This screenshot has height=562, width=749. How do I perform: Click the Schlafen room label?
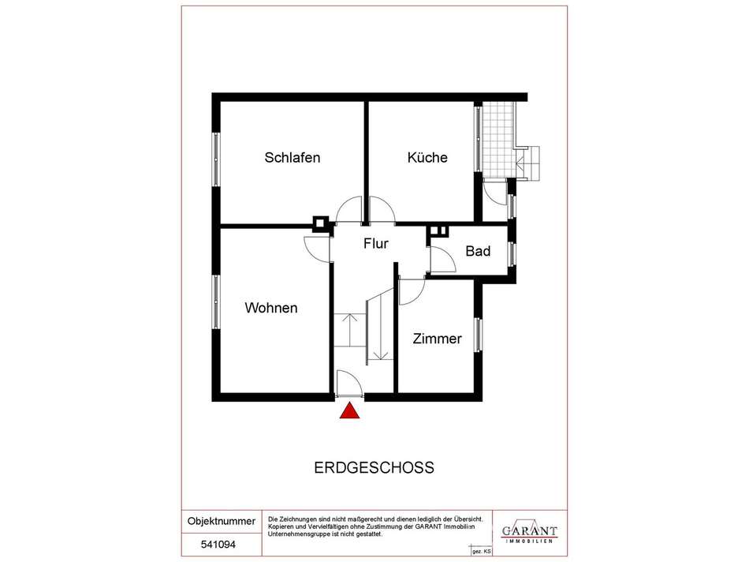(x=293, y=157)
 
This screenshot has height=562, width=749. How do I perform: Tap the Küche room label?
(x=427, y=157)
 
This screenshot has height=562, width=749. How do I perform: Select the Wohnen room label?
(x=271, y=308)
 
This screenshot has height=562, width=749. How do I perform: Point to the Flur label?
(x=376, y=243)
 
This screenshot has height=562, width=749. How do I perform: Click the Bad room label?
(x=478, y=251)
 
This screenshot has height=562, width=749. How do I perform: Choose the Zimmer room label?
(x=437, y=339)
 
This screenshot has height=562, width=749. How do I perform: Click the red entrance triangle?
(x=349, y=410)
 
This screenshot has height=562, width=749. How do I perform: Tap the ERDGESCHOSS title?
(x=374, y=467)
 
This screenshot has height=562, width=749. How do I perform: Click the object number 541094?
(x=218, y=545)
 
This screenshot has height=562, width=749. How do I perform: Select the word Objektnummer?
(x=222, y=521)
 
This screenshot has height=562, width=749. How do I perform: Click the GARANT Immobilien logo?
(x=529, y=531)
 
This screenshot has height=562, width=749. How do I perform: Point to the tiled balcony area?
(x=498, y=139)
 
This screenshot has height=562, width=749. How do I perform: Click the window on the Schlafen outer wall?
(x=216, y=159)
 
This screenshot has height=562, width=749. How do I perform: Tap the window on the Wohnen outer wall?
(x=216, y=302)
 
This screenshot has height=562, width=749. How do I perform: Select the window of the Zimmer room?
(x=478, y=335)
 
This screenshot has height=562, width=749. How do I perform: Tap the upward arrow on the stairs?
(x=350, y=330)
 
